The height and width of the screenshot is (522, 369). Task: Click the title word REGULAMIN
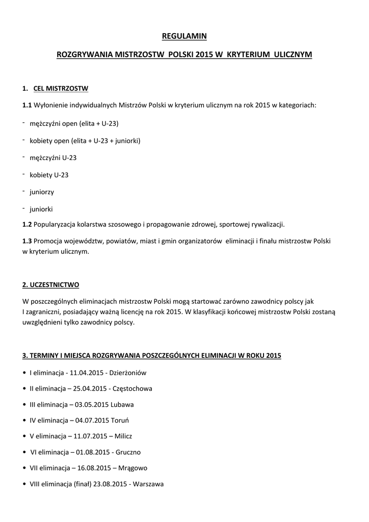point(184,36)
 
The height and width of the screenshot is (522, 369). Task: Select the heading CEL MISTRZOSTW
point(61,88)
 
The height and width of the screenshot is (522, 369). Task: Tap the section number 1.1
point(27,105)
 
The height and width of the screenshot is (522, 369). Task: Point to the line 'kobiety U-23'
point(49,175)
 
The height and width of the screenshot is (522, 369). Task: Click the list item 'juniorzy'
point(42,192)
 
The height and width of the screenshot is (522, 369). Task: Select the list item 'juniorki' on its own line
point(41,209)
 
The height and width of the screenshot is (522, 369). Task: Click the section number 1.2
point(27,224)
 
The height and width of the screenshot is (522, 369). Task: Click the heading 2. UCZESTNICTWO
point(50,284)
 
